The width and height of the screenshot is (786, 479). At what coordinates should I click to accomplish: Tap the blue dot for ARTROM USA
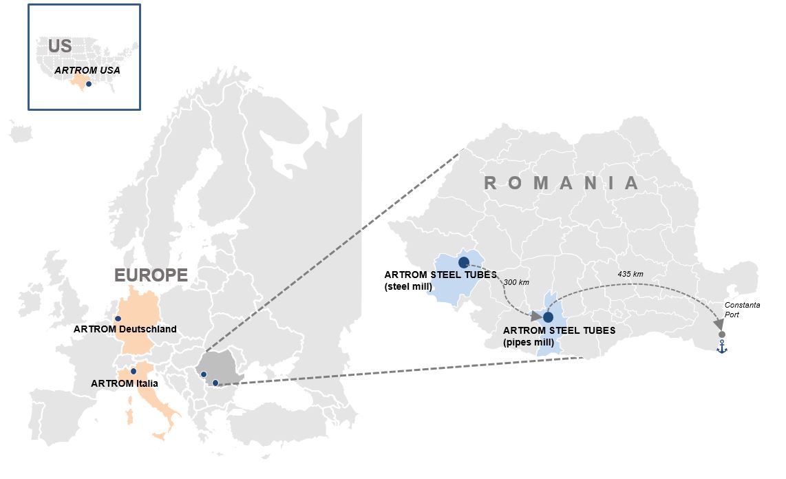coord(89,84)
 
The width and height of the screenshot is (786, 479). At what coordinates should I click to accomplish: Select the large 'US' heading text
coord(60,46)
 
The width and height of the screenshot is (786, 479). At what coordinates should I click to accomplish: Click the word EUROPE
coord(151,275)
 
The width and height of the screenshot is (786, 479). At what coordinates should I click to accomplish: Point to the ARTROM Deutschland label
coord(125,329)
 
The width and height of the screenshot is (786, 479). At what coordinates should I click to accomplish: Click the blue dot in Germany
coord(118,319)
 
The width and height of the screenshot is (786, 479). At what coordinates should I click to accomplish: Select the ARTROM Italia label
coord(125,383)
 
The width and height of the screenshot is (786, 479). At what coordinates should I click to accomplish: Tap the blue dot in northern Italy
coord(134,371)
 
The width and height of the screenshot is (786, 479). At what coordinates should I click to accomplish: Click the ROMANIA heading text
coord(562,183)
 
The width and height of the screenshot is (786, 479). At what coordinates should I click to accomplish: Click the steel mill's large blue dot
coord(463,262)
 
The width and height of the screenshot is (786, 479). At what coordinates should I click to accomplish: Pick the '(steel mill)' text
coord(410,286)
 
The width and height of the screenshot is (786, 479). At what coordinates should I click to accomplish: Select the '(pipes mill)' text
coord(529,341)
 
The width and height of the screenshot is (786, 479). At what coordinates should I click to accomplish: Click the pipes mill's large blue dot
coord(548,317)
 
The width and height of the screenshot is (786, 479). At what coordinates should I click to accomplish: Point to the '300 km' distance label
coord(516,283)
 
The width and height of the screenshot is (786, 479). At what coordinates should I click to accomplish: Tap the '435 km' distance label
coord(630,274)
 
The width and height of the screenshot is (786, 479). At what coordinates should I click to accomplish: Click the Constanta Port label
coord(742,310)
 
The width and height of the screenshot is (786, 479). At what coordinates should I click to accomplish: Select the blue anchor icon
coord(722,348)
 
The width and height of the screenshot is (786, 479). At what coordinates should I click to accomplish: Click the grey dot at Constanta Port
coord(722,334)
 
